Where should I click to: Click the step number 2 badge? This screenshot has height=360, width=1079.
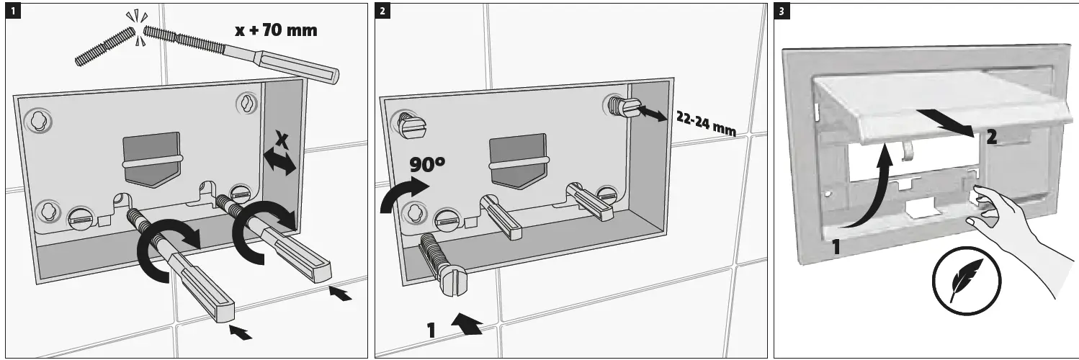(382, 11)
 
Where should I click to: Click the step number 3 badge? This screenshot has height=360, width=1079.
(781, 11)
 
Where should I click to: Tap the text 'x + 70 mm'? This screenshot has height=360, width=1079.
(276, 30)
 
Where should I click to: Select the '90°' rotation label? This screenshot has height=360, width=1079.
(428, 164)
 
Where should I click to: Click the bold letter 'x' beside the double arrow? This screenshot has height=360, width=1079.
(283, 141)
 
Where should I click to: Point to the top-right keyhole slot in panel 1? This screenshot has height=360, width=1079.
(246, 103)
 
